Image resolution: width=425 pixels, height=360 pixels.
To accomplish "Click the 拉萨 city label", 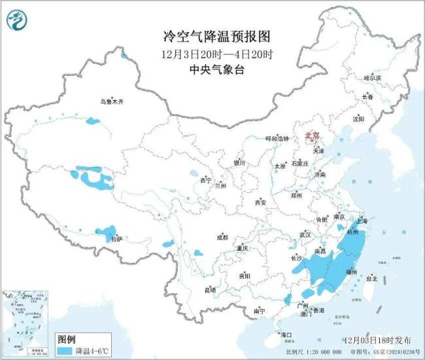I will pyautogui.click(x=116, y=240).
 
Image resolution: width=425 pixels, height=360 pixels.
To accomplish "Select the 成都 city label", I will pyautogui.click(x=222, y=238).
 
